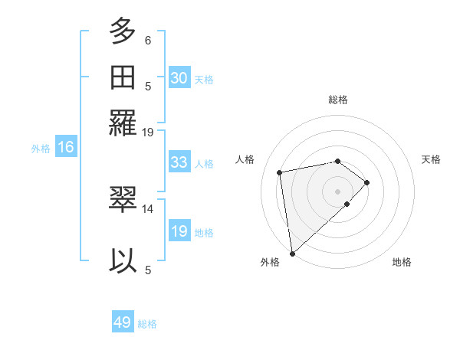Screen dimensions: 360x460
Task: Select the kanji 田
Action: point(123,77)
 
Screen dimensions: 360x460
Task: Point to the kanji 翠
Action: point(123,200)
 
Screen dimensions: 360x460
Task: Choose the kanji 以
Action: point(123,260)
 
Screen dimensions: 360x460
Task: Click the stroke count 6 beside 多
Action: point(148,40)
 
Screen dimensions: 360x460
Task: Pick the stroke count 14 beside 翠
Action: point(148,208)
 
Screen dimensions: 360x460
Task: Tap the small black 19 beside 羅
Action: point(148,132)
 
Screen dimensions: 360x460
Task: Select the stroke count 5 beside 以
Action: point(148,269)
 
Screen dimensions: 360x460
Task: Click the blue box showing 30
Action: point(179,78)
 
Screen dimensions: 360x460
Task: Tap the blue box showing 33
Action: point(179,162)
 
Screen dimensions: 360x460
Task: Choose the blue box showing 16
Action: point(66,148)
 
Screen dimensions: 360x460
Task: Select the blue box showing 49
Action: point(123,322)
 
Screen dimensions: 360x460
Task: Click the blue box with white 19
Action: point(179,231)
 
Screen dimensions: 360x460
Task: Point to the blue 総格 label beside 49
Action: point(147,324)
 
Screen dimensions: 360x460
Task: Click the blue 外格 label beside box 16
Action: point(41,149)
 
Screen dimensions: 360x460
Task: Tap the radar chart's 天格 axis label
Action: point(431,159)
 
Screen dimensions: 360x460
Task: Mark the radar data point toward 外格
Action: point(292,253)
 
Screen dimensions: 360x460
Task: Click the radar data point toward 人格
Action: point(280,172)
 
